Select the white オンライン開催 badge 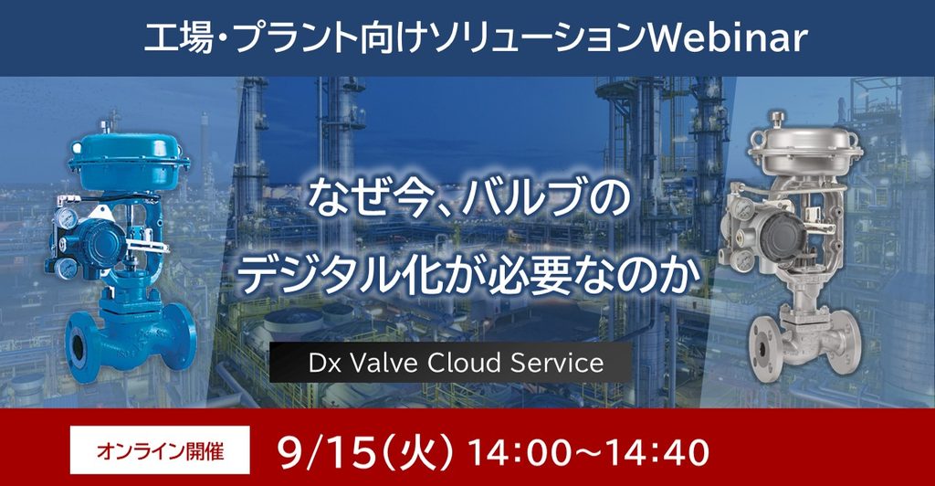[x=160, y=449]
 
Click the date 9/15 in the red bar [x=328, y=452]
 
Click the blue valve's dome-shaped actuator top [x=129, y=152]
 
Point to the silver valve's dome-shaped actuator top [x=805, y=144]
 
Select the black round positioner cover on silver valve [x=783, y=234]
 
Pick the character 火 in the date [x=416, y=452]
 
